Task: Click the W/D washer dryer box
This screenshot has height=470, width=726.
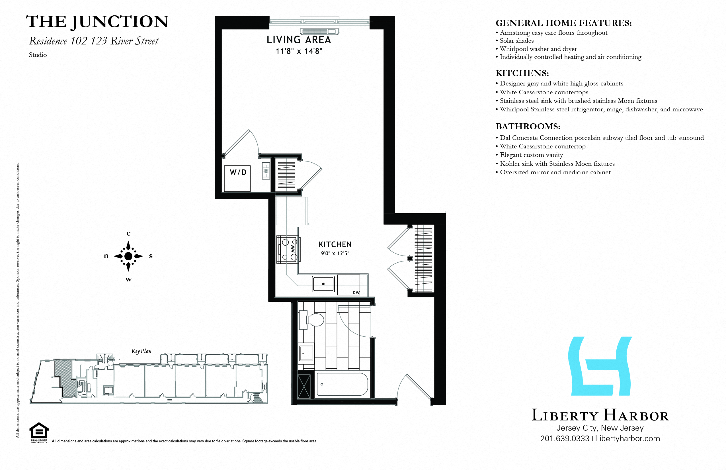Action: coord(237,179)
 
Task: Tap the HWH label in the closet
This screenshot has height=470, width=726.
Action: coord(266,171)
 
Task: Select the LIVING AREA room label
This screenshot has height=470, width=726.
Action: coord(299,40)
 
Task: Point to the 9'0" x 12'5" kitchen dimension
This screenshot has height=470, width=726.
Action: coord(335,253)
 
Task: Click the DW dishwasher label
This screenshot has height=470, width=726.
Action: coord(356,292)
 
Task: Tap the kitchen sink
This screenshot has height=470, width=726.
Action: coord(323,284)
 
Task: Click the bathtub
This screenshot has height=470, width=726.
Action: coord(342,385)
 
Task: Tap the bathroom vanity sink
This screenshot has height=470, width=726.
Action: coord(306,353)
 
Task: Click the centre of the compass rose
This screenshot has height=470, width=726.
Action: coord(128,256)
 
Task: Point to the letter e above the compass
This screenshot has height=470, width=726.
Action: coord(128,234)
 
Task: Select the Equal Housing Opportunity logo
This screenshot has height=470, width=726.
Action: coord(39,432)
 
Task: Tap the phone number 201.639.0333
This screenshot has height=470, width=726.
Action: coord(565,439)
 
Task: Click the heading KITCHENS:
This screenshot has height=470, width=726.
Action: coord(522,73)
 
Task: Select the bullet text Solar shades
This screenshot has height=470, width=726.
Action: coord(516,40)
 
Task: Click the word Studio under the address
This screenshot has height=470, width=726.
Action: coord(38,55)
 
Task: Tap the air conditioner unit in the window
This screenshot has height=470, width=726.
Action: coord(319,26)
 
